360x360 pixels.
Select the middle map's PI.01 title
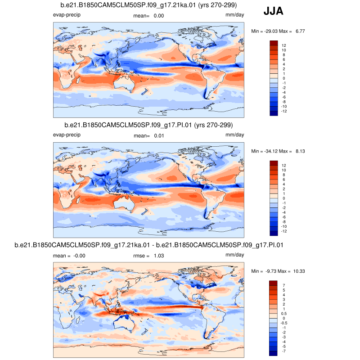pyautogui.click(x=148, y=125)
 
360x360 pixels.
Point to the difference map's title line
pyautogui.click(x=148, y=245)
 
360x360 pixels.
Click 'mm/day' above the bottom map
pyautogui.click(x=234, y=255)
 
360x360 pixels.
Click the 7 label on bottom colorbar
pyautogui.click(x=283, y=285)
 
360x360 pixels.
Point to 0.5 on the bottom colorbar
pyautogui.click(x=284, y=313)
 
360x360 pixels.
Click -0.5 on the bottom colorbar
pyautogui.click(x=285, y=323)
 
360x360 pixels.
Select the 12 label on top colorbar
pyautogui.click(x=284, y=45)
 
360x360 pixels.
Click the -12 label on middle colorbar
pyautogui.click(x=285, y=231)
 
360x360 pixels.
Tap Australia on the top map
pyautogui.click(x=120, y=84)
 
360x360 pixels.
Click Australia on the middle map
pyautogui.click(x=120, y=203)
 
